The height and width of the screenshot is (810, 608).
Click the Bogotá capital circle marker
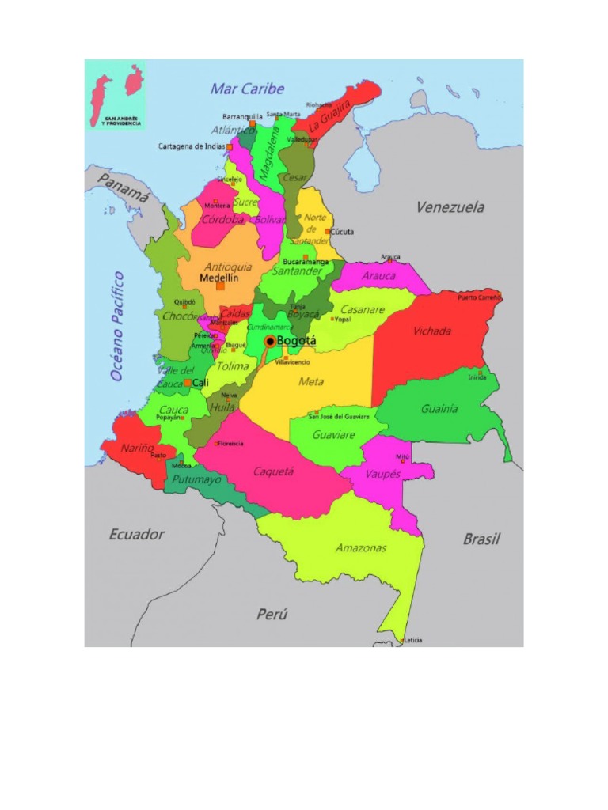point(270,341)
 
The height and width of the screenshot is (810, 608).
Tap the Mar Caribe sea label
point(247,89)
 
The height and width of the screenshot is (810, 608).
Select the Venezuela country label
point(450,207)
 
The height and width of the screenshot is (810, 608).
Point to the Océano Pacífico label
point(117,326)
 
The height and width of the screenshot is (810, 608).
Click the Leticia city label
point(413,640)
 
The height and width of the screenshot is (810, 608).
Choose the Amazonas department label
point(361,547)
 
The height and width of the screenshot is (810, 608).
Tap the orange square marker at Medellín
point(220,286)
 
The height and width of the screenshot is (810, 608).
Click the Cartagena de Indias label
point(192,146)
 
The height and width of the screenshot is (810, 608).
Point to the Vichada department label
point(432,331)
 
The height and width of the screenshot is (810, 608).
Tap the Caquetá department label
point(273,471)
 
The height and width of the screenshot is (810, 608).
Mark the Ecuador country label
point(137,535)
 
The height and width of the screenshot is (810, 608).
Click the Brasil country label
point(481,539)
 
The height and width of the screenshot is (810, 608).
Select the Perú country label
point(272,614)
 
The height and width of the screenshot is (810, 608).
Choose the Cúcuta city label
point(342,232)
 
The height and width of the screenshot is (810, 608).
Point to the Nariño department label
point(137,448)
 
